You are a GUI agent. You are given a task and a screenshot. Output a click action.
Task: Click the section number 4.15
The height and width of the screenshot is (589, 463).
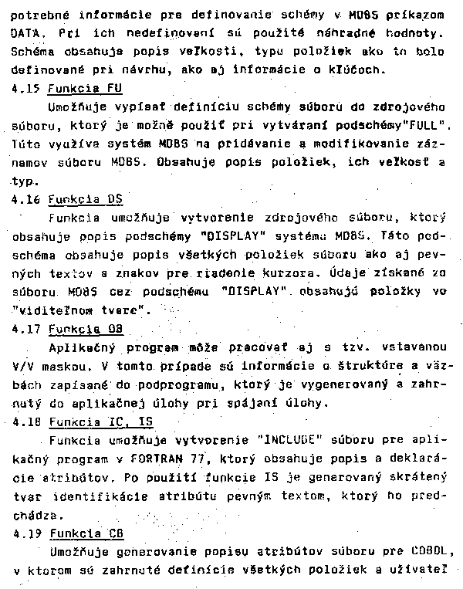click(25, 88)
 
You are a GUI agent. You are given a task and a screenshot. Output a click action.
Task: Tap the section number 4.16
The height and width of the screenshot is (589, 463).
click(25, 198)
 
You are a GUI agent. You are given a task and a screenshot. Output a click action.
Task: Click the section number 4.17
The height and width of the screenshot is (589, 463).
click(25, 329)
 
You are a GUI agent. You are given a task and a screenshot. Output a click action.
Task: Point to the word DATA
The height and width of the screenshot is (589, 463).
click(27, 34)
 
